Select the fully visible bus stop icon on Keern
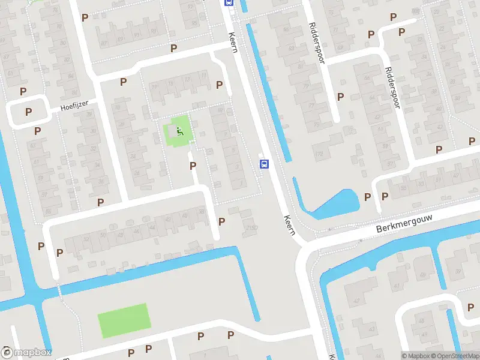[x=263, y=164]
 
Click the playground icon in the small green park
[x=180, y=131]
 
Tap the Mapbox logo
[x=27, y=353]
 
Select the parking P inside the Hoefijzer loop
[x=28, y=112]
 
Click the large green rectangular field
[x=124, y=320]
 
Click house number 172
[x=319, y=154]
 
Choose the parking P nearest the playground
[x=193, y=166]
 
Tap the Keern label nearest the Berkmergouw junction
[x=290, y=226]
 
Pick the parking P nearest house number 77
[x=341, y=96]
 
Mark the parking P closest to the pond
[x=367, y=197]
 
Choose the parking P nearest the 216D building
[x=222, y=221]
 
